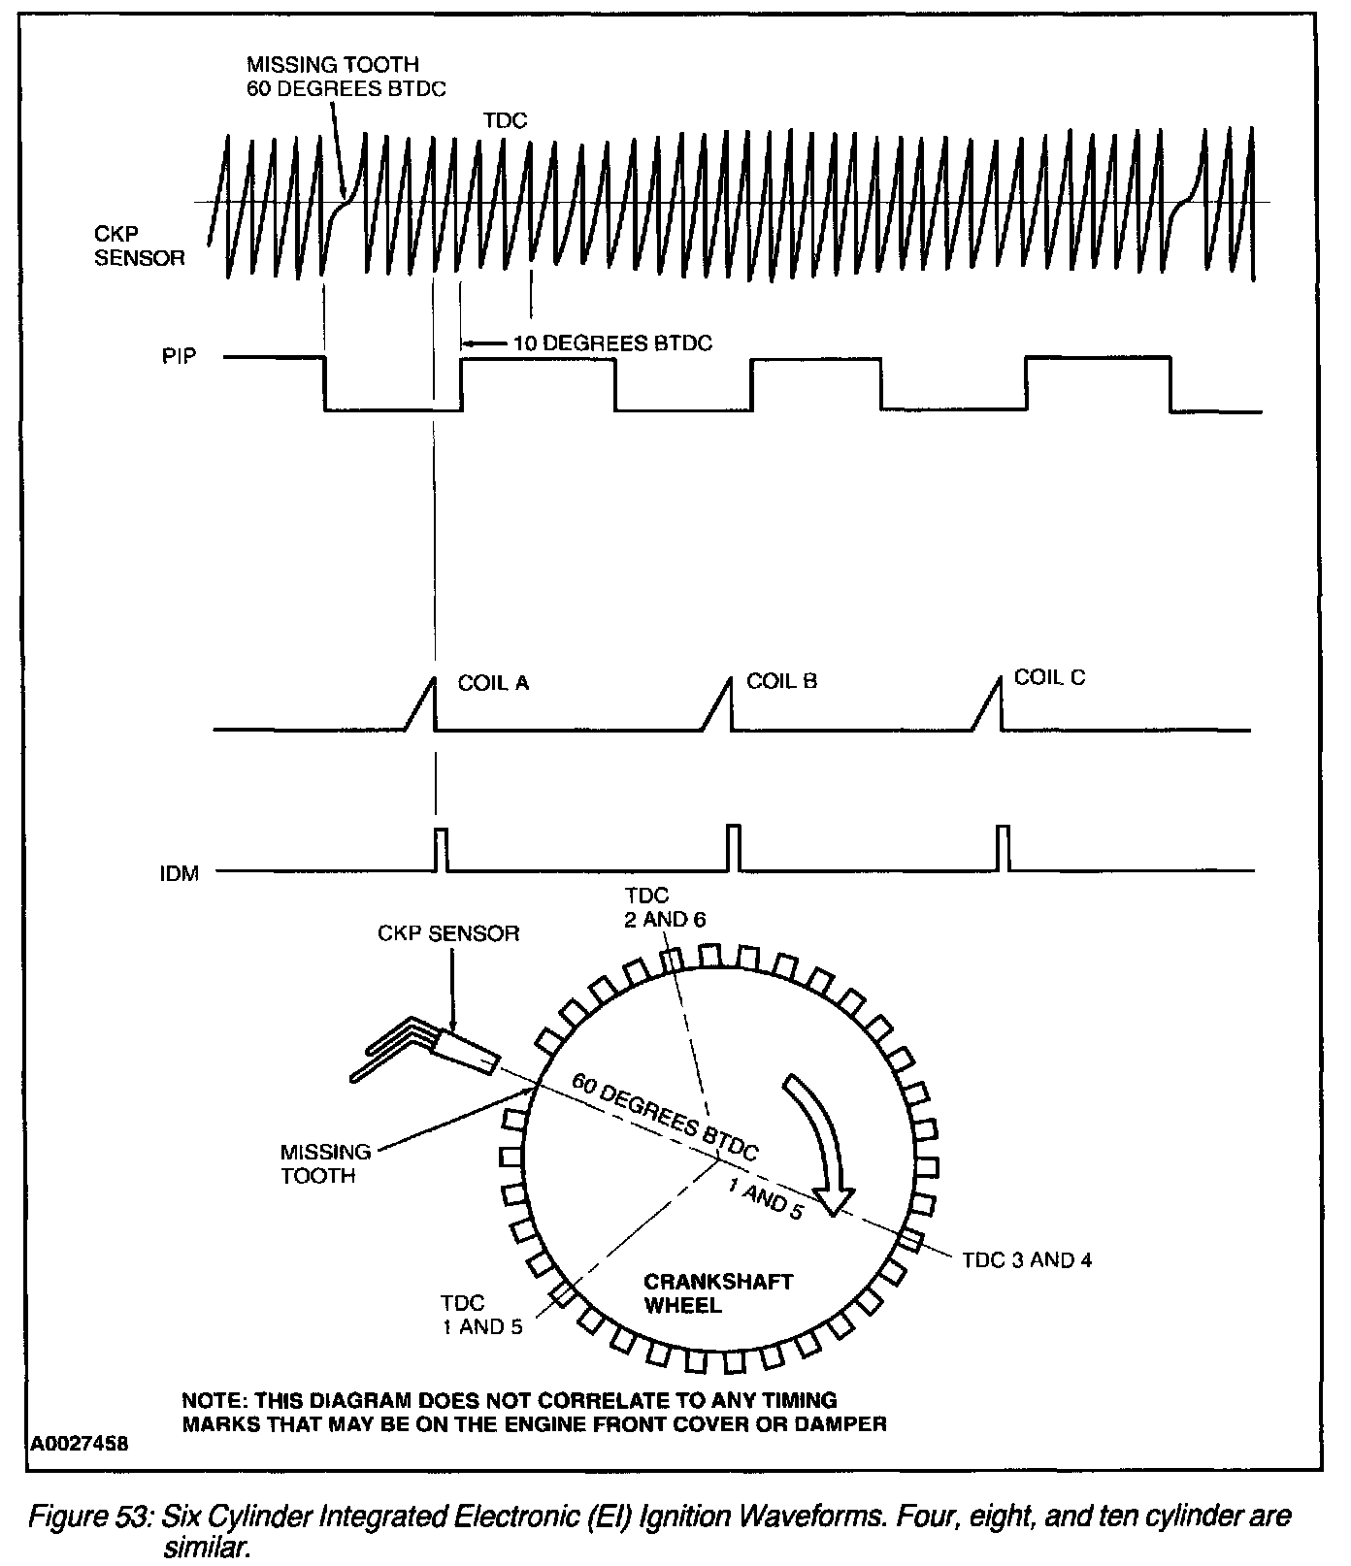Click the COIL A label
click(x=493, y=684)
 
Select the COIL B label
click(x=781, y=681)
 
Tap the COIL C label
click(x=1049, y=677)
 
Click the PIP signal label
click(x=179, y=356)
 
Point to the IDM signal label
click(x=179, y=873)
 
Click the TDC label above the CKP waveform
click(x=505, y=120)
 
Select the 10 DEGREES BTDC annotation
click(x=612, y=343)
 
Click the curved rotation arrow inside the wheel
click(x=821, y=1144)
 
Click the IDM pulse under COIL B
click(x=734, y=847)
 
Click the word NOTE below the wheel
click(x=213, y=1401)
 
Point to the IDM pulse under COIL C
click(x=1004, y=847)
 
